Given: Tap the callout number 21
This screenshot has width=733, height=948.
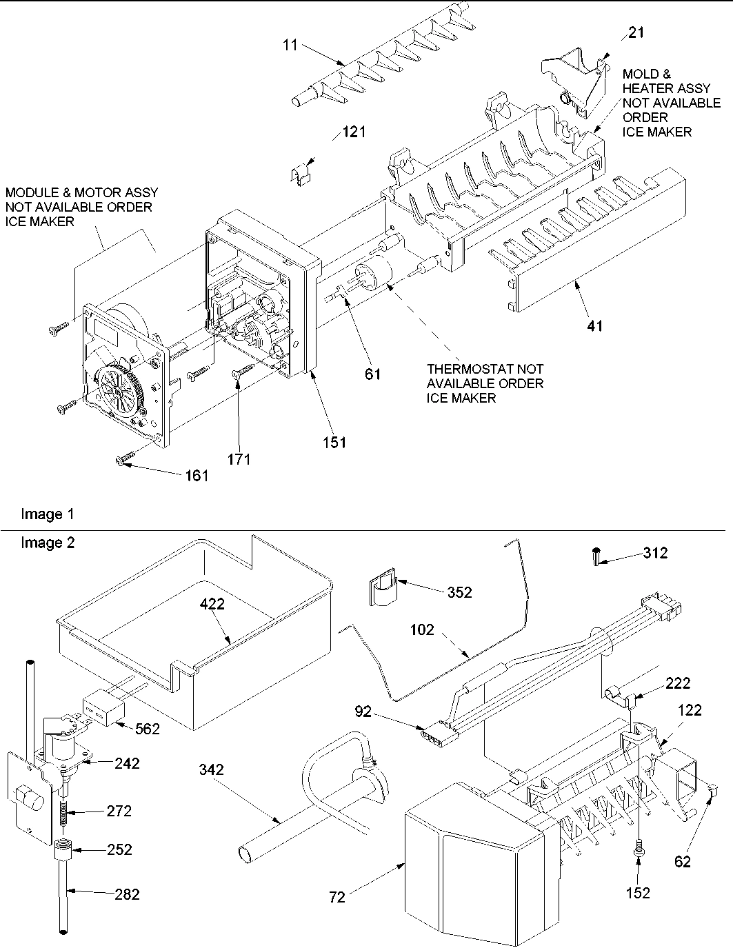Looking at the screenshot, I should pos(636,32).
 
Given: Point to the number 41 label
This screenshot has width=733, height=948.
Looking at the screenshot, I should pos(594,325).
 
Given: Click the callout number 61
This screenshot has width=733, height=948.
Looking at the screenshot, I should pos(373,374).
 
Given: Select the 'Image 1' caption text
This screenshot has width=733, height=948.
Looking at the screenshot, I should pos(48,514).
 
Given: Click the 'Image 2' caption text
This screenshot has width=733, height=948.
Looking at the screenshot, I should pos(48,543).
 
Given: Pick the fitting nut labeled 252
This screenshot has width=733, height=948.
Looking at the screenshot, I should pos(63,849).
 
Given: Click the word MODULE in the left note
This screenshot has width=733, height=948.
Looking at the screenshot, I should pos(29,192).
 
